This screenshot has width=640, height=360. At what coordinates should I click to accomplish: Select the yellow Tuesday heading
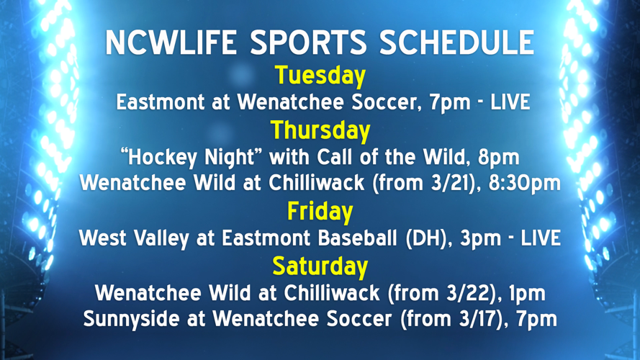click(320, 76)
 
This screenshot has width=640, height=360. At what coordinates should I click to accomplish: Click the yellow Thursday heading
click(320, 130)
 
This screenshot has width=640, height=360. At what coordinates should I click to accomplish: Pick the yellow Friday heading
click(320, 212)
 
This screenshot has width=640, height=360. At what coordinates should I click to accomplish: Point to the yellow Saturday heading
click(320, 266)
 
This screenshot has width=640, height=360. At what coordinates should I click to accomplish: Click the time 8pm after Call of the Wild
click(501, 157)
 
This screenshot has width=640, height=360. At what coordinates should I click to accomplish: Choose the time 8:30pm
click(525, 184)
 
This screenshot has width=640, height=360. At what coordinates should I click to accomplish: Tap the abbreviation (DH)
click(412, 238)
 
